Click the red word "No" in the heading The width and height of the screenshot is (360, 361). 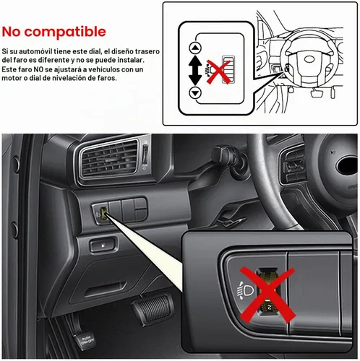(12, 32)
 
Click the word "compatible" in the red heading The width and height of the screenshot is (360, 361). (65, 32)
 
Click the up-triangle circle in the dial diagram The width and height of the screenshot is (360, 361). (195, 48)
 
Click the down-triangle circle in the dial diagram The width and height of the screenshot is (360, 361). (195, 92)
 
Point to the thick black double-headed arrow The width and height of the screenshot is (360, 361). (195, 70)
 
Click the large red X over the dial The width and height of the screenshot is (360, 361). (267, 295)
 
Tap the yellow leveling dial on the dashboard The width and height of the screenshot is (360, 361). (104, 214)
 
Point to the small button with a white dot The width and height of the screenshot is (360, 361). (103, 245)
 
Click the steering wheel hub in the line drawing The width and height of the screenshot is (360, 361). (309, 59)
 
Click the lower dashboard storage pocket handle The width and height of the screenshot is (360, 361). (106, 289)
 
